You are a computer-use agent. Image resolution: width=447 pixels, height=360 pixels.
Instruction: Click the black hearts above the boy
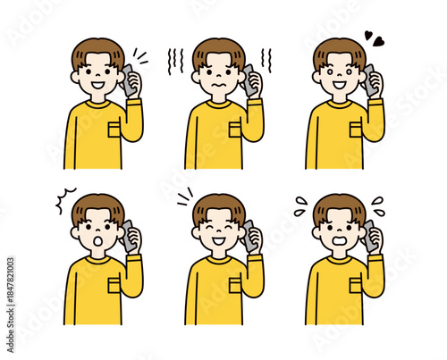pos(374,38)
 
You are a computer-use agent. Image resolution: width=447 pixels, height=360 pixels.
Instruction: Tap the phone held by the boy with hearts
pos(367,79)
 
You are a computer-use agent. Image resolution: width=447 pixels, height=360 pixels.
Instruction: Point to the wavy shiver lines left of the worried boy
pos(175,60)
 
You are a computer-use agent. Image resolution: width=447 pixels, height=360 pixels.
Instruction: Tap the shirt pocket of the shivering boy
pos(235,130)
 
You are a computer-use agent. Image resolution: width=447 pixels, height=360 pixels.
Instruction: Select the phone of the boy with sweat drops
pos(367,234)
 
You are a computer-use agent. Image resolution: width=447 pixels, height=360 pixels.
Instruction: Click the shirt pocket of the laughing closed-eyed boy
pos(235,285)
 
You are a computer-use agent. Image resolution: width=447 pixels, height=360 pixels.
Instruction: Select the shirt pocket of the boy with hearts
pos(357,130)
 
